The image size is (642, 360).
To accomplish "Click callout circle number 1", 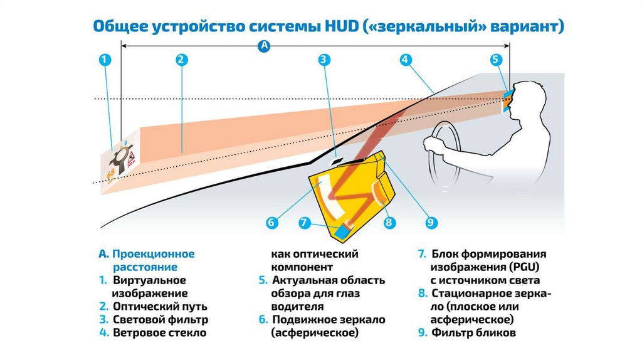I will pos(105,60).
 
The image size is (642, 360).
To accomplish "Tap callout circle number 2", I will pos(181,60).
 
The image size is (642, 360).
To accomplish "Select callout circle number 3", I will pos(324,60).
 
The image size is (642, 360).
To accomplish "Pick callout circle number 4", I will pos(406,60).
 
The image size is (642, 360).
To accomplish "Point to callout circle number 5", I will pos(496,60).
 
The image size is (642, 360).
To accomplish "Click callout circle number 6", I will pos(271,222).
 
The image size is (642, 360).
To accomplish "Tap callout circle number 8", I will pos(389,222).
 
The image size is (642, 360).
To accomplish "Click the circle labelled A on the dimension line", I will pos(264,46).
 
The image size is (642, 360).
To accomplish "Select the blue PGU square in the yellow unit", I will pos(344,230).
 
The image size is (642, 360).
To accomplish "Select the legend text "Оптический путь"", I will pos(160,307).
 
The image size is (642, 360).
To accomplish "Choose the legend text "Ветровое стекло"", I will pos(159,333).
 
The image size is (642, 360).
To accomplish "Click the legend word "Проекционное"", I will pos(154,254).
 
